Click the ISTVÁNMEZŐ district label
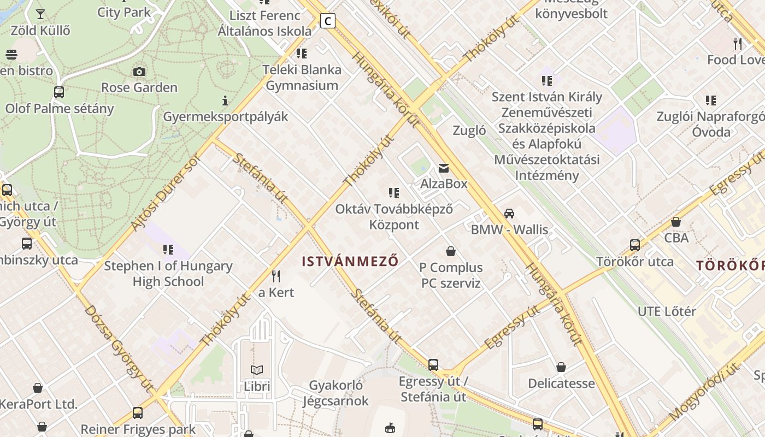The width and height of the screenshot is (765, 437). tap(350, 261)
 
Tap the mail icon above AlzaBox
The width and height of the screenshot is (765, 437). tap(444, 168)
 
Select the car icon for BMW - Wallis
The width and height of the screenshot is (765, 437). tap(509, 214)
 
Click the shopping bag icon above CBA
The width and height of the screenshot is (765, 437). tap(676, 222)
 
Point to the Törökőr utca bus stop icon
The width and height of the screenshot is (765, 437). tap(635, 245)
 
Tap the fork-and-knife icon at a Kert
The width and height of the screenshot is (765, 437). tap(276, 276)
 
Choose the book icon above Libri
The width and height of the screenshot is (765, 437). tap(257, 370)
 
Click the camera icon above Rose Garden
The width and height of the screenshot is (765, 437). tap(139, 72)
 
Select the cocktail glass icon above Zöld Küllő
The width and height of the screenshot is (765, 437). tap(40, 14)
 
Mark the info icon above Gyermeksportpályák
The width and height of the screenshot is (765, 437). tap(225, 101)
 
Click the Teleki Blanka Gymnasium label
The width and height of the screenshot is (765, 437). tap(302, 78)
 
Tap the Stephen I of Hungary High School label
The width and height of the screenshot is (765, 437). tap(168, 274)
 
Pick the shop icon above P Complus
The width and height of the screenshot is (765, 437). tap(451, 251)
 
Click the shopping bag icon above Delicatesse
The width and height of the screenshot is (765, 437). tap(561, 367)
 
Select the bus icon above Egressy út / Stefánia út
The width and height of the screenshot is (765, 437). tap(433, 364)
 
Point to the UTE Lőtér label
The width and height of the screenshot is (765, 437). tap(667, 311)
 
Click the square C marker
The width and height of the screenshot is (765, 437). tap(327, 21)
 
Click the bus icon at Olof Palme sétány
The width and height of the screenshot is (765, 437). tap(59, 92)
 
